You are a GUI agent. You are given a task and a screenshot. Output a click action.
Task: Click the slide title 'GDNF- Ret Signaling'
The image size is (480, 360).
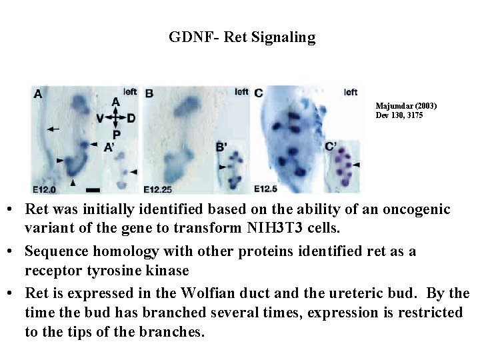pos(242,37)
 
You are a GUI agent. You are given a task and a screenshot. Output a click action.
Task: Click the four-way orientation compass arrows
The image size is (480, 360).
pos(116,118)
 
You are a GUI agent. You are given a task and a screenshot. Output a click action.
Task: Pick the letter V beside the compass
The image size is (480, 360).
pos(99,119)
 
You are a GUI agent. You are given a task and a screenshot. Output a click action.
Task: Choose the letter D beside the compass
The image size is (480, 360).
pos(131,119)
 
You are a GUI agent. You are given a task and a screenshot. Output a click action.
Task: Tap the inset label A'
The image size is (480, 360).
pos(108,149)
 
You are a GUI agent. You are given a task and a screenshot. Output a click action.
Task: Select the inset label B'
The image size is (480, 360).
pos(221,147)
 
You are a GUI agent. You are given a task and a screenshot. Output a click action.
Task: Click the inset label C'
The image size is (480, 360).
pos(331,148)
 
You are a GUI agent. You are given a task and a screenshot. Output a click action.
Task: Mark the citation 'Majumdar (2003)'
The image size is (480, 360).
pos(406,106)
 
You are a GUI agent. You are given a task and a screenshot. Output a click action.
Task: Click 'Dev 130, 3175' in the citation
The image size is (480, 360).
pos(399,115)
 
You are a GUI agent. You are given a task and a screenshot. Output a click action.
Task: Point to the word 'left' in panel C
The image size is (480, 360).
pos(351,92)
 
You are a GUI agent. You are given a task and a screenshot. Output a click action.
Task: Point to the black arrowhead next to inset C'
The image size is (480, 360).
pos(356,164)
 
